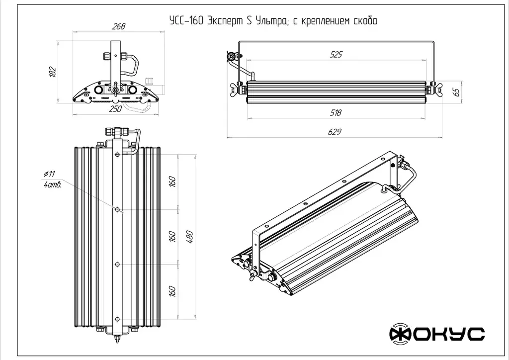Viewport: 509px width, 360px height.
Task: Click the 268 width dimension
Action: pyautogui.click(x=118, y=27)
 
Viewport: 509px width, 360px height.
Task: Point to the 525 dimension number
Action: pyautogui.click(x=337, y=55)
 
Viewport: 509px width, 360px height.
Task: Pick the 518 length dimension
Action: pyautogui.click(x=336, y=113)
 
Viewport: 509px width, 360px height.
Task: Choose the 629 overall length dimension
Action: pyautogui.click(x=336, y=132)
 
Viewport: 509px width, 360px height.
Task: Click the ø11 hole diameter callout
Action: pyautogui.click(x=49, y=174)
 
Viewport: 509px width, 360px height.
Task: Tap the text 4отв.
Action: pyautogui.click(x=52, y=185)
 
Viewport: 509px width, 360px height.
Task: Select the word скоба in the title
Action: pyautogui.click(x=363, y=21)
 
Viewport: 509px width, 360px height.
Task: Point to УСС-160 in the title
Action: pyautogui.click(x=185, y=21)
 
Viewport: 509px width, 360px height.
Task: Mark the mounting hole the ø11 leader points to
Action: pyautogui.click(x=117, y=210)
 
